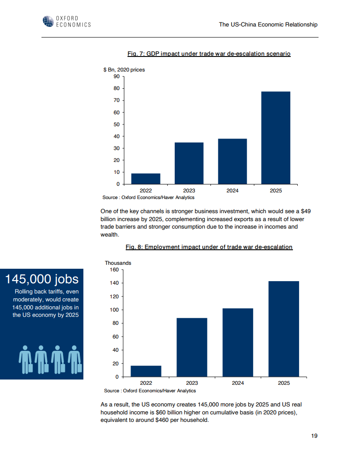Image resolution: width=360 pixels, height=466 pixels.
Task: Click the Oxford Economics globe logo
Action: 49,21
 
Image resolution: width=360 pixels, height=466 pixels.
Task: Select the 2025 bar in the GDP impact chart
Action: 276,138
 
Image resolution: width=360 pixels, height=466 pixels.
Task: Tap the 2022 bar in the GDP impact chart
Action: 146,179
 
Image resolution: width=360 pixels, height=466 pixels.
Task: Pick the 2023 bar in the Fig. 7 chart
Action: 189,163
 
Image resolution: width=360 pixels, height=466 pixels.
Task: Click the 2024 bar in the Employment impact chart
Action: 238,342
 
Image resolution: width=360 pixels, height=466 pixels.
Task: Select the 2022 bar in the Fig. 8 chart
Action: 146,371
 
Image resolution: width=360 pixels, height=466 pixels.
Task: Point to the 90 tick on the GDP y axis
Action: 117,76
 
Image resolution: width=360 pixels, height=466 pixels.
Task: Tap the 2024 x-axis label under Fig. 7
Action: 232,191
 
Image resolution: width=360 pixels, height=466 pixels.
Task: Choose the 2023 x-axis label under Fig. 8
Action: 192,383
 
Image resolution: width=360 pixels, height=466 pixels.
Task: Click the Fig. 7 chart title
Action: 209,54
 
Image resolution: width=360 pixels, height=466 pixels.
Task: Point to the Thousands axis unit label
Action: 118,263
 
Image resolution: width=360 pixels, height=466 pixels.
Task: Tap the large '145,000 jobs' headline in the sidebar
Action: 41,279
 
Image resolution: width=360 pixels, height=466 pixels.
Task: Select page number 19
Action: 314,436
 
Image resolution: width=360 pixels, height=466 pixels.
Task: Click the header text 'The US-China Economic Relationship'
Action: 268,25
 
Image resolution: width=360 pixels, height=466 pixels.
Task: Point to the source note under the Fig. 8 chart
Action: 150,391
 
